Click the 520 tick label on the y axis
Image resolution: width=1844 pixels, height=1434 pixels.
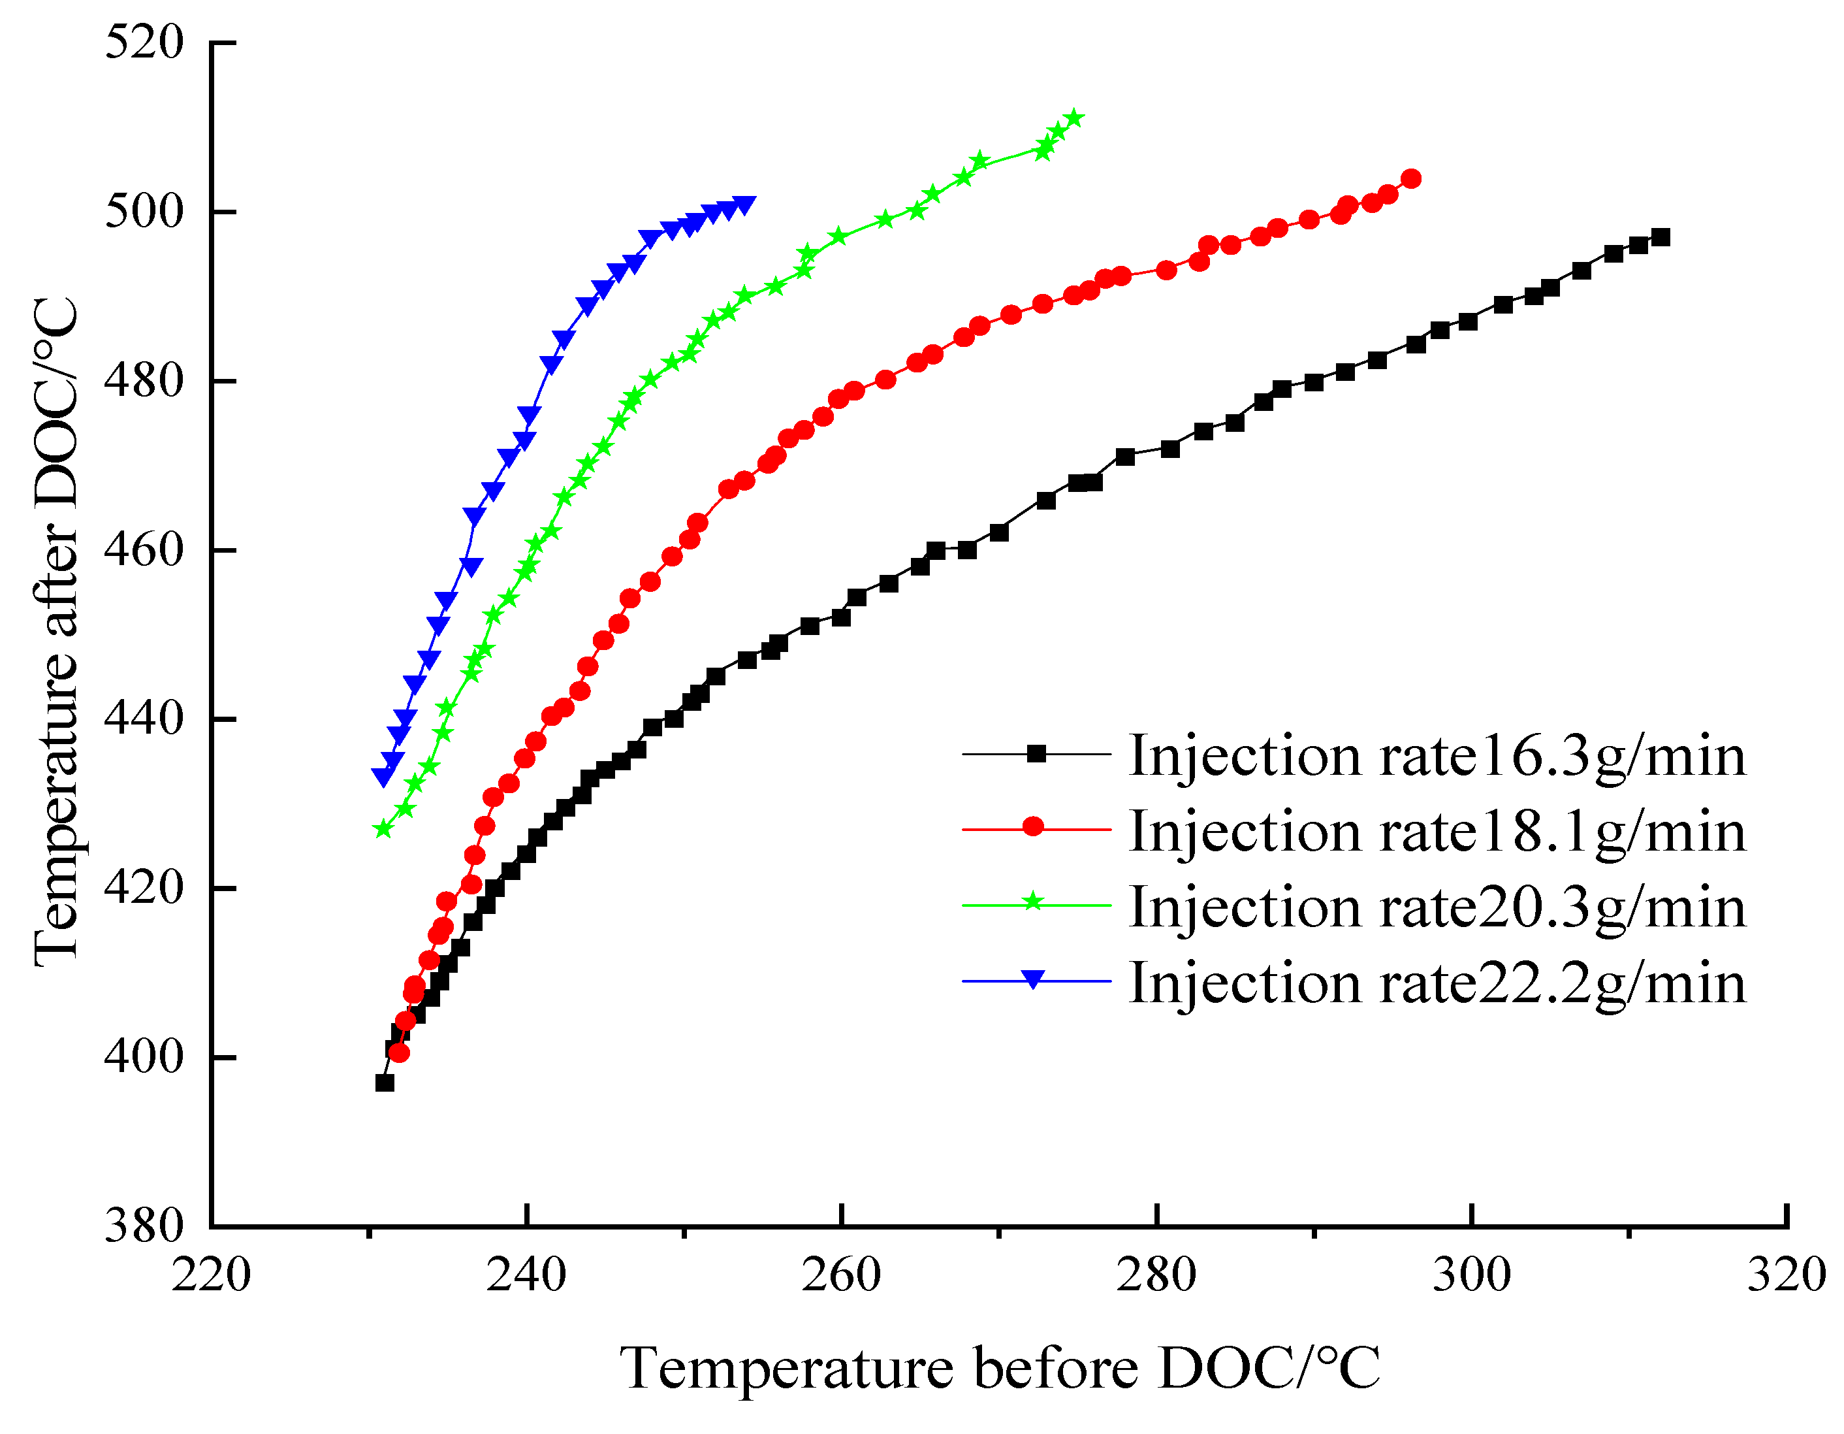click(x=144, y=42)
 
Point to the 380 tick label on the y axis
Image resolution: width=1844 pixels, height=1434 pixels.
click(x=144, y=1226)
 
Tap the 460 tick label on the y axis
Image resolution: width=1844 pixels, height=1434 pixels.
click(x=144, y=550)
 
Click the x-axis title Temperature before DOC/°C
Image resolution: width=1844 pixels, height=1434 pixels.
click(x=1000, y=1368)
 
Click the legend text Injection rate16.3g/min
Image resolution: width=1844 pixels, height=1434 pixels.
click(x=1437, y=756)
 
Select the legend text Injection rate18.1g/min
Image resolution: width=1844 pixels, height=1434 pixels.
click(x=1437, y=832)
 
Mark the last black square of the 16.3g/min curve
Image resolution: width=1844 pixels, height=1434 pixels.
click(x=1661, y=237)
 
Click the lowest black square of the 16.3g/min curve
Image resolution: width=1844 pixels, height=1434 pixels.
click(x=385, y=1083)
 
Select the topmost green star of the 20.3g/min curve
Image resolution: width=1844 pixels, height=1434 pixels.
click(x=1074, y=118)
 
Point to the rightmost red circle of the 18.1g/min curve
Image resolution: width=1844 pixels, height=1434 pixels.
click(x=1411, y=178)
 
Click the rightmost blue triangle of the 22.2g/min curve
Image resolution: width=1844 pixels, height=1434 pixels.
click(x=744, y=204)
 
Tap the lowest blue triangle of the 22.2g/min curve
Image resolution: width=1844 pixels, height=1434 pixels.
click(x=383, y=776)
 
